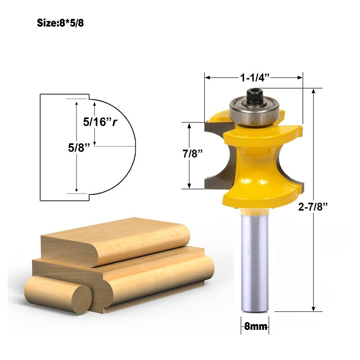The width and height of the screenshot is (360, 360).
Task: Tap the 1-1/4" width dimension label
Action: (254, 78)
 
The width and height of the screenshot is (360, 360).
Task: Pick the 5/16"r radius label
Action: (100, 121)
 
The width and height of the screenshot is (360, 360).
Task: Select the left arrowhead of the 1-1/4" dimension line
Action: (207, 78)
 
